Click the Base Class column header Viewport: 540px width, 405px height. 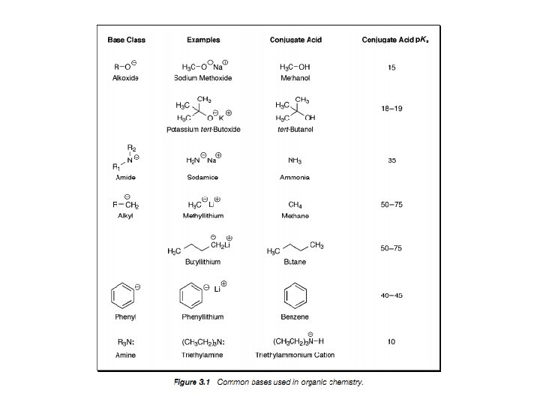[x=126, y=40]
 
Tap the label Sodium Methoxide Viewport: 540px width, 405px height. [x=202, y=78]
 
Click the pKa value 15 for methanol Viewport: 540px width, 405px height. [x=392, y=68]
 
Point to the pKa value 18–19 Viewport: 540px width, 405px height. [x=391, y=109]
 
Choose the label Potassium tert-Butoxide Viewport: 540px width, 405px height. [x=204, y=129]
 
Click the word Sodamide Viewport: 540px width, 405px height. [x=202, y=178]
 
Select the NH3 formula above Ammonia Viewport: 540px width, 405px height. [x=295, y=160]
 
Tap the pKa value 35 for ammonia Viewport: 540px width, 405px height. [x=392, y=160]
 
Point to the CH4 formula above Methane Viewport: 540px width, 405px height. [x=295, y=204]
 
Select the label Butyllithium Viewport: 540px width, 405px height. [x=202, y=262]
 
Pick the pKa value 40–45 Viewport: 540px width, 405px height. [x=391, y=295]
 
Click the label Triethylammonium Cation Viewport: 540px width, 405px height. [x=295, y=355]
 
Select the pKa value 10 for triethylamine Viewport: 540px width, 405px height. [x=391, y=342]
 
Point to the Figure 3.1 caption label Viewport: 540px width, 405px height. [x=191, y=382]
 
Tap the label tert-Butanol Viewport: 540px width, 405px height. [x=295, y=129]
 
